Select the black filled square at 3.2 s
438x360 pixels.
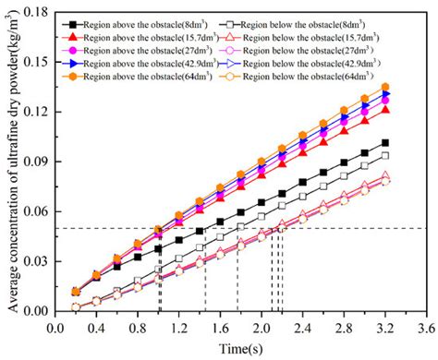pyautogui.click(x=384, y=143)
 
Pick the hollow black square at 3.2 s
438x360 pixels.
pyautogui.click(x=384, y=156)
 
